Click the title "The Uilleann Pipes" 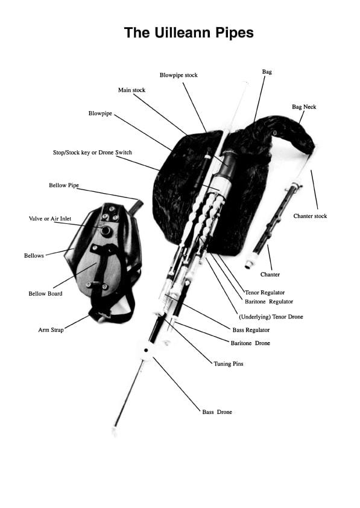point(189,33)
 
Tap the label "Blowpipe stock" point(178,75)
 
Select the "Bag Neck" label point(304,107)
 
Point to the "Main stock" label point(131,90)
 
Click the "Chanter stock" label point(310,216)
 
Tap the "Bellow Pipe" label point(64,185)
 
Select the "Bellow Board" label point(45,294)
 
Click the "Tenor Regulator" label point(265,293)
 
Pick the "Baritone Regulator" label point(269,301)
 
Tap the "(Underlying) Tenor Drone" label point(271,317)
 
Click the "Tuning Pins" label point(229,364)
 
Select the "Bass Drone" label point(217,412)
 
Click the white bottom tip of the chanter point(248,264)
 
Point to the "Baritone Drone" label point(250,343)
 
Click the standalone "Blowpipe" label point(100,112)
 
